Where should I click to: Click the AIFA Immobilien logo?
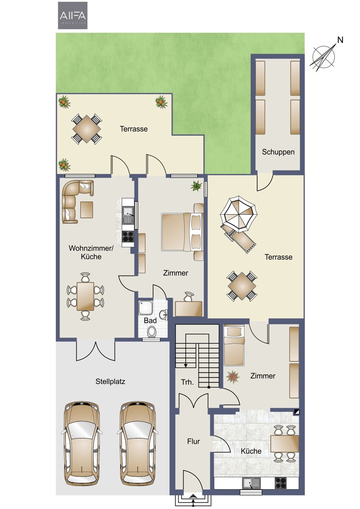tap(73, 15)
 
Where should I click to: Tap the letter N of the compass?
tap(340, 40)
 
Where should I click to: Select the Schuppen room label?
tap(278, 152)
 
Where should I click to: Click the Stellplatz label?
tap(110, 381)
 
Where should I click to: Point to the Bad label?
tap(150, 321)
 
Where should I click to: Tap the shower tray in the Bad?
tap(146, 308)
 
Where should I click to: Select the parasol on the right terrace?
tap(238, 214)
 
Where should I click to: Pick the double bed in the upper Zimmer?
tap(183, 232)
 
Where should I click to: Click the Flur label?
tap(194, 441)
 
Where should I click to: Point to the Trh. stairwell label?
tap(187, 382)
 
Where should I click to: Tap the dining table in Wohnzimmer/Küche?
tap(85, 296)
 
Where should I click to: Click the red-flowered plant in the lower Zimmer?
tap(233, 377)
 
